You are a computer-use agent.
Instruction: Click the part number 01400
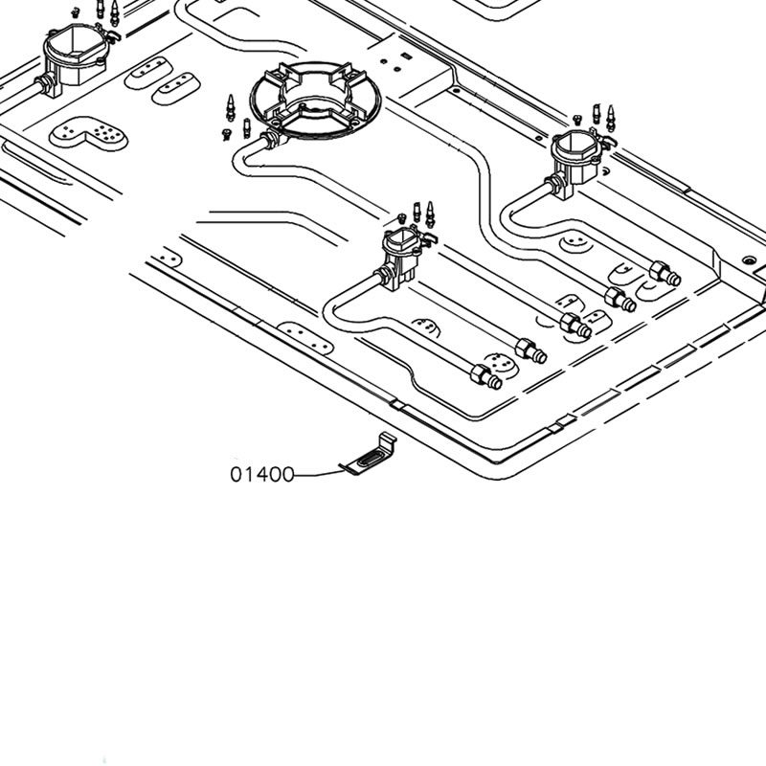(x=262, y=474)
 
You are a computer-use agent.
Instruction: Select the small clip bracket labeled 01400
(x=369, y=456)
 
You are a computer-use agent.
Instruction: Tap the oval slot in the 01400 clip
(x=372, y=459)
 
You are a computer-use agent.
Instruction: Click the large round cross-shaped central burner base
(x=316, y=101)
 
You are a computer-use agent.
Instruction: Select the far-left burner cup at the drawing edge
(x=76, y=56)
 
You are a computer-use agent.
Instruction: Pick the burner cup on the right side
(x=575, y=156)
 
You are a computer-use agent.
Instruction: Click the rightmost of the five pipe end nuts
(x=665, y=273)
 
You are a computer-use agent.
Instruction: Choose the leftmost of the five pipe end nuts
(x=485, y=376)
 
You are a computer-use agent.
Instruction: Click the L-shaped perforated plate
(x=89, y=133)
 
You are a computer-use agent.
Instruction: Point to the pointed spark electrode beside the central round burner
(x=231, y=107)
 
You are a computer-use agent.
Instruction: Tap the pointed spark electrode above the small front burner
(x=430, y=214)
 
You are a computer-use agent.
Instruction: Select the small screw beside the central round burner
(x=226, y=134)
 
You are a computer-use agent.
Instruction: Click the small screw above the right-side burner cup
(x=577, y=119)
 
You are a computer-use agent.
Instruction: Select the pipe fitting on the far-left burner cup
(x=46, y=84)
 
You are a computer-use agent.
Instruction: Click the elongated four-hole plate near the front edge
(x=305, y=338)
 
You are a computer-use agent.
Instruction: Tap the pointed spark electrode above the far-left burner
(x=114, y=12)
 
